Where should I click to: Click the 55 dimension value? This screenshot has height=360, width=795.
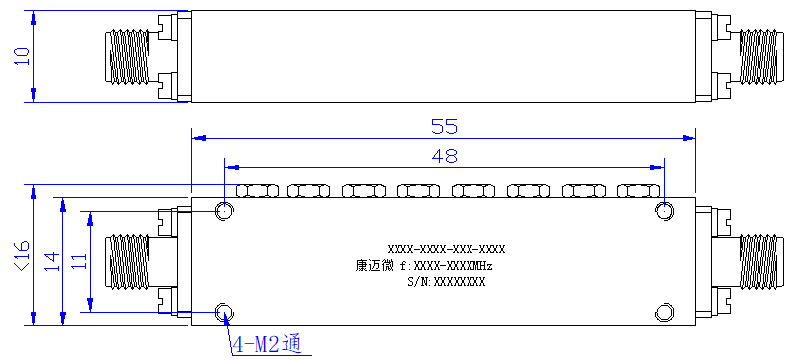[444, 126]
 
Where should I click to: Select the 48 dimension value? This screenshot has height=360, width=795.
[444, 155]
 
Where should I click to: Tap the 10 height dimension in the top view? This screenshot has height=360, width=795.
[22, 56]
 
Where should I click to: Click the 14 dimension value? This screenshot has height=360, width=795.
[52, 261]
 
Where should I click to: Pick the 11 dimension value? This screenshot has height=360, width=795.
[79, 261]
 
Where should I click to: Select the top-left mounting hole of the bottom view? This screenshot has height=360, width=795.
[224, 211]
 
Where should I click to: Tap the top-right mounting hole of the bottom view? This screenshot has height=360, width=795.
[664, 211]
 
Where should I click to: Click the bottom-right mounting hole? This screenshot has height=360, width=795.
[664, 312]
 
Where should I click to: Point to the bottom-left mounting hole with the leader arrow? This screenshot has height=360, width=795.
[224, 312]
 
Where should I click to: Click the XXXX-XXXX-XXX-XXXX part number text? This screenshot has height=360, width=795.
[446, 250]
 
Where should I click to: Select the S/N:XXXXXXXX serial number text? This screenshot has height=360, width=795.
[446, 282]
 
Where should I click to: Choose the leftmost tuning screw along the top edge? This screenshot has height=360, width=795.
[257, 191]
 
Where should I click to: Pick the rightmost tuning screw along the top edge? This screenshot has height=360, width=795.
[639, 191]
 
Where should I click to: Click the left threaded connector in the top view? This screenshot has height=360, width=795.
[127, 56]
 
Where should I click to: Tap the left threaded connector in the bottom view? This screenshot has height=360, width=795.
[127, 261]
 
